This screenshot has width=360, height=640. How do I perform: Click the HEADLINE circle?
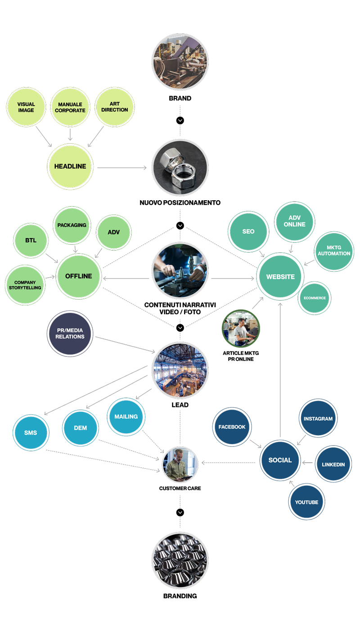pyautogui.click(x=70, y=167)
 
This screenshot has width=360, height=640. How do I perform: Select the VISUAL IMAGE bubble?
pyautogui.click(x=26, y=107)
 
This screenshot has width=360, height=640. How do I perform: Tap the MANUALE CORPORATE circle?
pyautogui.click(x=70, y=107)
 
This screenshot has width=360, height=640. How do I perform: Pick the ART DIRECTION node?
pyautogui.click(x=115, y=107)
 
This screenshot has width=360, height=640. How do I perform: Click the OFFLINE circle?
pyautogui.click(x=78, y=276)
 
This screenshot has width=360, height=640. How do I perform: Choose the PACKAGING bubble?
pyautogui.click(x=72, y=225)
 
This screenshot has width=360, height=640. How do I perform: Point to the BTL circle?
pyautogui.click(x=31, y=240)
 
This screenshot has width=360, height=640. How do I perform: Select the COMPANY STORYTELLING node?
pyautogui.click(x=25, y=285)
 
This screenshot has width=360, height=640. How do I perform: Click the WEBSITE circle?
pyautogui.click(x=280, y=277)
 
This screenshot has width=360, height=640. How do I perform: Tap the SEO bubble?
pyautogui.click(x=248, y=231)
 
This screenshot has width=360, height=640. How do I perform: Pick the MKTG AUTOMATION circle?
pyautogui.click(x=334, y=251)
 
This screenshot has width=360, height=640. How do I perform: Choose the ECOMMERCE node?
pyautogui.click(x=315, y=298)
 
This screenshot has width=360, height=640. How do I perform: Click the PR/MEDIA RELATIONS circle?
pyautogui.click(x=70, y=334)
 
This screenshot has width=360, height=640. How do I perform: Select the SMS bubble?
pyautogui.click(x=31, y=433)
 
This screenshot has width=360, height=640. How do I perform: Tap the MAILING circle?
pyautogui.click(x=126, y=417)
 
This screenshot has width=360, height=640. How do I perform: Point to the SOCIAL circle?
pyautogui.click(x=280, y=460)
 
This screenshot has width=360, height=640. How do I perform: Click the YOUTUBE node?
pyautogui.click(x=306, y=502)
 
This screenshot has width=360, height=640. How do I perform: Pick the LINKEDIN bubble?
pyautogui.click(x=333, y=464)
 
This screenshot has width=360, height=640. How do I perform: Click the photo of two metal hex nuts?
pyautogui.click(x=180, y=167)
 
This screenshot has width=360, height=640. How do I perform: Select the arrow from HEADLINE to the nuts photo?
pyautogui.click(x=121, y=168)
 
